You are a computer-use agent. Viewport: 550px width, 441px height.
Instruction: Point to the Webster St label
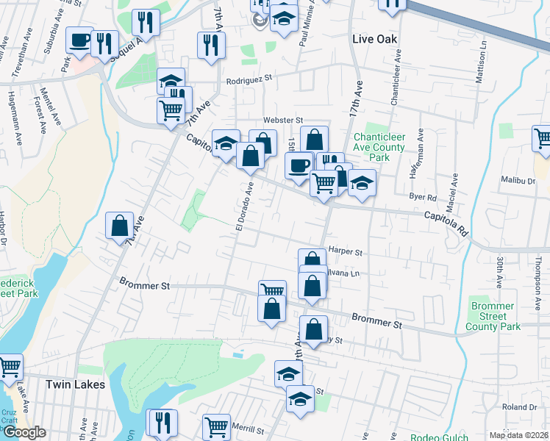tap(284, 120)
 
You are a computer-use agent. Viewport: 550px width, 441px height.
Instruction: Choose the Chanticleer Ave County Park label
tap(379, 147)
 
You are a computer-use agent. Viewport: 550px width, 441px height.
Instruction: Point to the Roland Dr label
tap(520, 406)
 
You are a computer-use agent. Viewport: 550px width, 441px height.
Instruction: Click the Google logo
tap(24, 432)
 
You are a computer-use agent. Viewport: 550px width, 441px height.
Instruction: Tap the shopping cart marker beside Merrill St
tap(216, 426)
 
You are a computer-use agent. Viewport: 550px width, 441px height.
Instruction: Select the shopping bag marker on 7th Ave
tap(119, 226)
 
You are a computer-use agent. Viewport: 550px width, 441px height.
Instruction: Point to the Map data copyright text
tap(519, 435)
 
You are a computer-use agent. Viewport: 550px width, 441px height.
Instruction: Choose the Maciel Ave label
tap(454, 190)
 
